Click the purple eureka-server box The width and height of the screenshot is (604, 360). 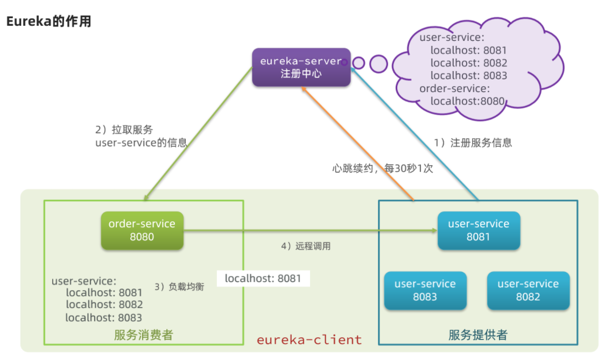pyautogui.click(x=301, y=67)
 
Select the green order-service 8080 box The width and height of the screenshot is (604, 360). pyautogui.click(x=142, y=230)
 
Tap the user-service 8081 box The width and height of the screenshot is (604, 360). pyautogui.click(x=479, y=230)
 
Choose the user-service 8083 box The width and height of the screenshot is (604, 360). pyautogui.click(x=425, y=290)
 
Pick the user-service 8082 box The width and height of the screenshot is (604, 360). pyautogui.click(x=528, y=290)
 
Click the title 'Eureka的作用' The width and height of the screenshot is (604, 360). pyautogui.click(x=49, y=21)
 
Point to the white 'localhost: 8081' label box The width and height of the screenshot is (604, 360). pyautogui.click(x=263, y=278)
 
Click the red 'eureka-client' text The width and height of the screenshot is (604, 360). pyautogui.click(x=310, y=340)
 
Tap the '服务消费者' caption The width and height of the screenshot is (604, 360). pyautogui.click(x=144, y=335)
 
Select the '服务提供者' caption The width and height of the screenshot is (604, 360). pyautogui.click(x=478, y=335)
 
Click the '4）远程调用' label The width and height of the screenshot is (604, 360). pyautogui.click(x=306, y=246)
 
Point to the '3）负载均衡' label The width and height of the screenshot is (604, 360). pyautogui.click(x=179, y=286)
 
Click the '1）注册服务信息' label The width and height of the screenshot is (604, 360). pyautogui.click(x=473, y=143)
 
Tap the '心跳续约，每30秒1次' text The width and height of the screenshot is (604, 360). pyautogui.click(x=383, y=168)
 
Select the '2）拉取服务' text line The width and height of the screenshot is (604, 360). pyautogui.click(x=124, y=130)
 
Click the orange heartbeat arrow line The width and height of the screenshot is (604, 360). pyautogui.click(x=358, y=144)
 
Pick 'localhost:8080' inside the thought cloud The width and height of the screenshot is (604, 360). pyautogui.click(x=467, y=101)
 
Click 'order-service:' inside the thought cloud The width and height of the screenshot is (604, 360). pyautogui.click(x=454, y=89)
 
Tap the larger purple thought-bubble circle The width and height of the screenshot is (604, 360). pyautogui.click(x=378, y=64)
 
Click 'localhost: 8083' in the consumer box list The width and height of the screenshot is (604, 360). pyautogui.click(x=103, y=317)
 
